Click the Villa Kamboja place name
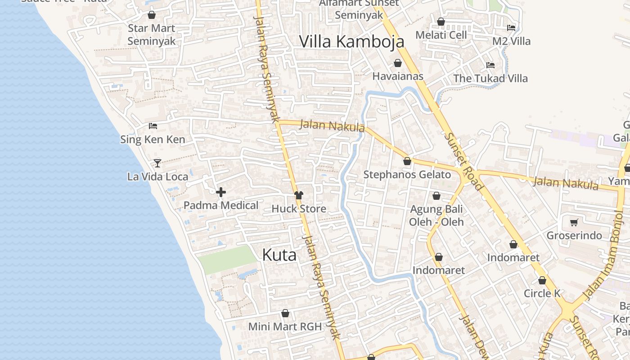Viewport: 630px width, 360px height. (x=351, y=41)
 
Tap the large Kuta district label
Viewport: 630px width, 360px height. (x=279, y=255)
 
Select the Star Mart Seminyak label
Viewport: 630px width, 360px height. (x=151, y=34)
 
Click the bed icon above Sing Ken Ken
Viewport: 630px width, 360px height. (x=153, y=126)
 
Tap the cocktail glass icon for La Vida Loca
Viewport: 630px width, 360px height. (x=157, y=163)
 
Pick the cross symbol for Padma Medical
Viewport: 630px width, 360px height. (x=221, y=193)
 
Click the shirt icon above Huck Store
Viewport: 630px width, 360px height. (x=299, y=195)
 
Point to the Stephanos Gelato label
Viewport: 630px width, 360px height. (x=407, y=175)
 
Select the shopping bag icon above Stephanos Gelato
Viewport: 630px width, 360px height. (x=407, y=161)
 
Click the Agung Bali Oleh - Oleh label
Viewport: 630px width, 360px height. (x=436, y=215)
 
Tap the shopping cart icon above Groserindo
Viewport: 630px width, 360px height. (x=574, y=222)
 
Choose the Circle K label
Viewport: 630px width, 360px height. (x=542, y=293)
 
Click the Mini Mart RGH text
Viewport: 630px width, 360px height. (x=285, y=327)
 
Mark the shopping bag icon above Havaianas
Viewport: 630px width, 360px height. (x=398, y=63)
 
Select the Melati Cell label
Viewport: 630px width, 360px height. (x=441, y=35)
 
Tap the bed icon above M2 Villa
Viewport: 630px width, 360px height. (x=511, y=27)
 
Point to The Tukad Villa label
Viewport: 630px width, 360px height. (x=490, y=78)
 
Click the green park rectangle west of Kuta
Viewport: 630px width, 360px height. (x=227, y=260)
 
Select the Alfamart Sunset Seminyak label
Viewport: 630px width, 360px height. (x=359, y=9)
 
